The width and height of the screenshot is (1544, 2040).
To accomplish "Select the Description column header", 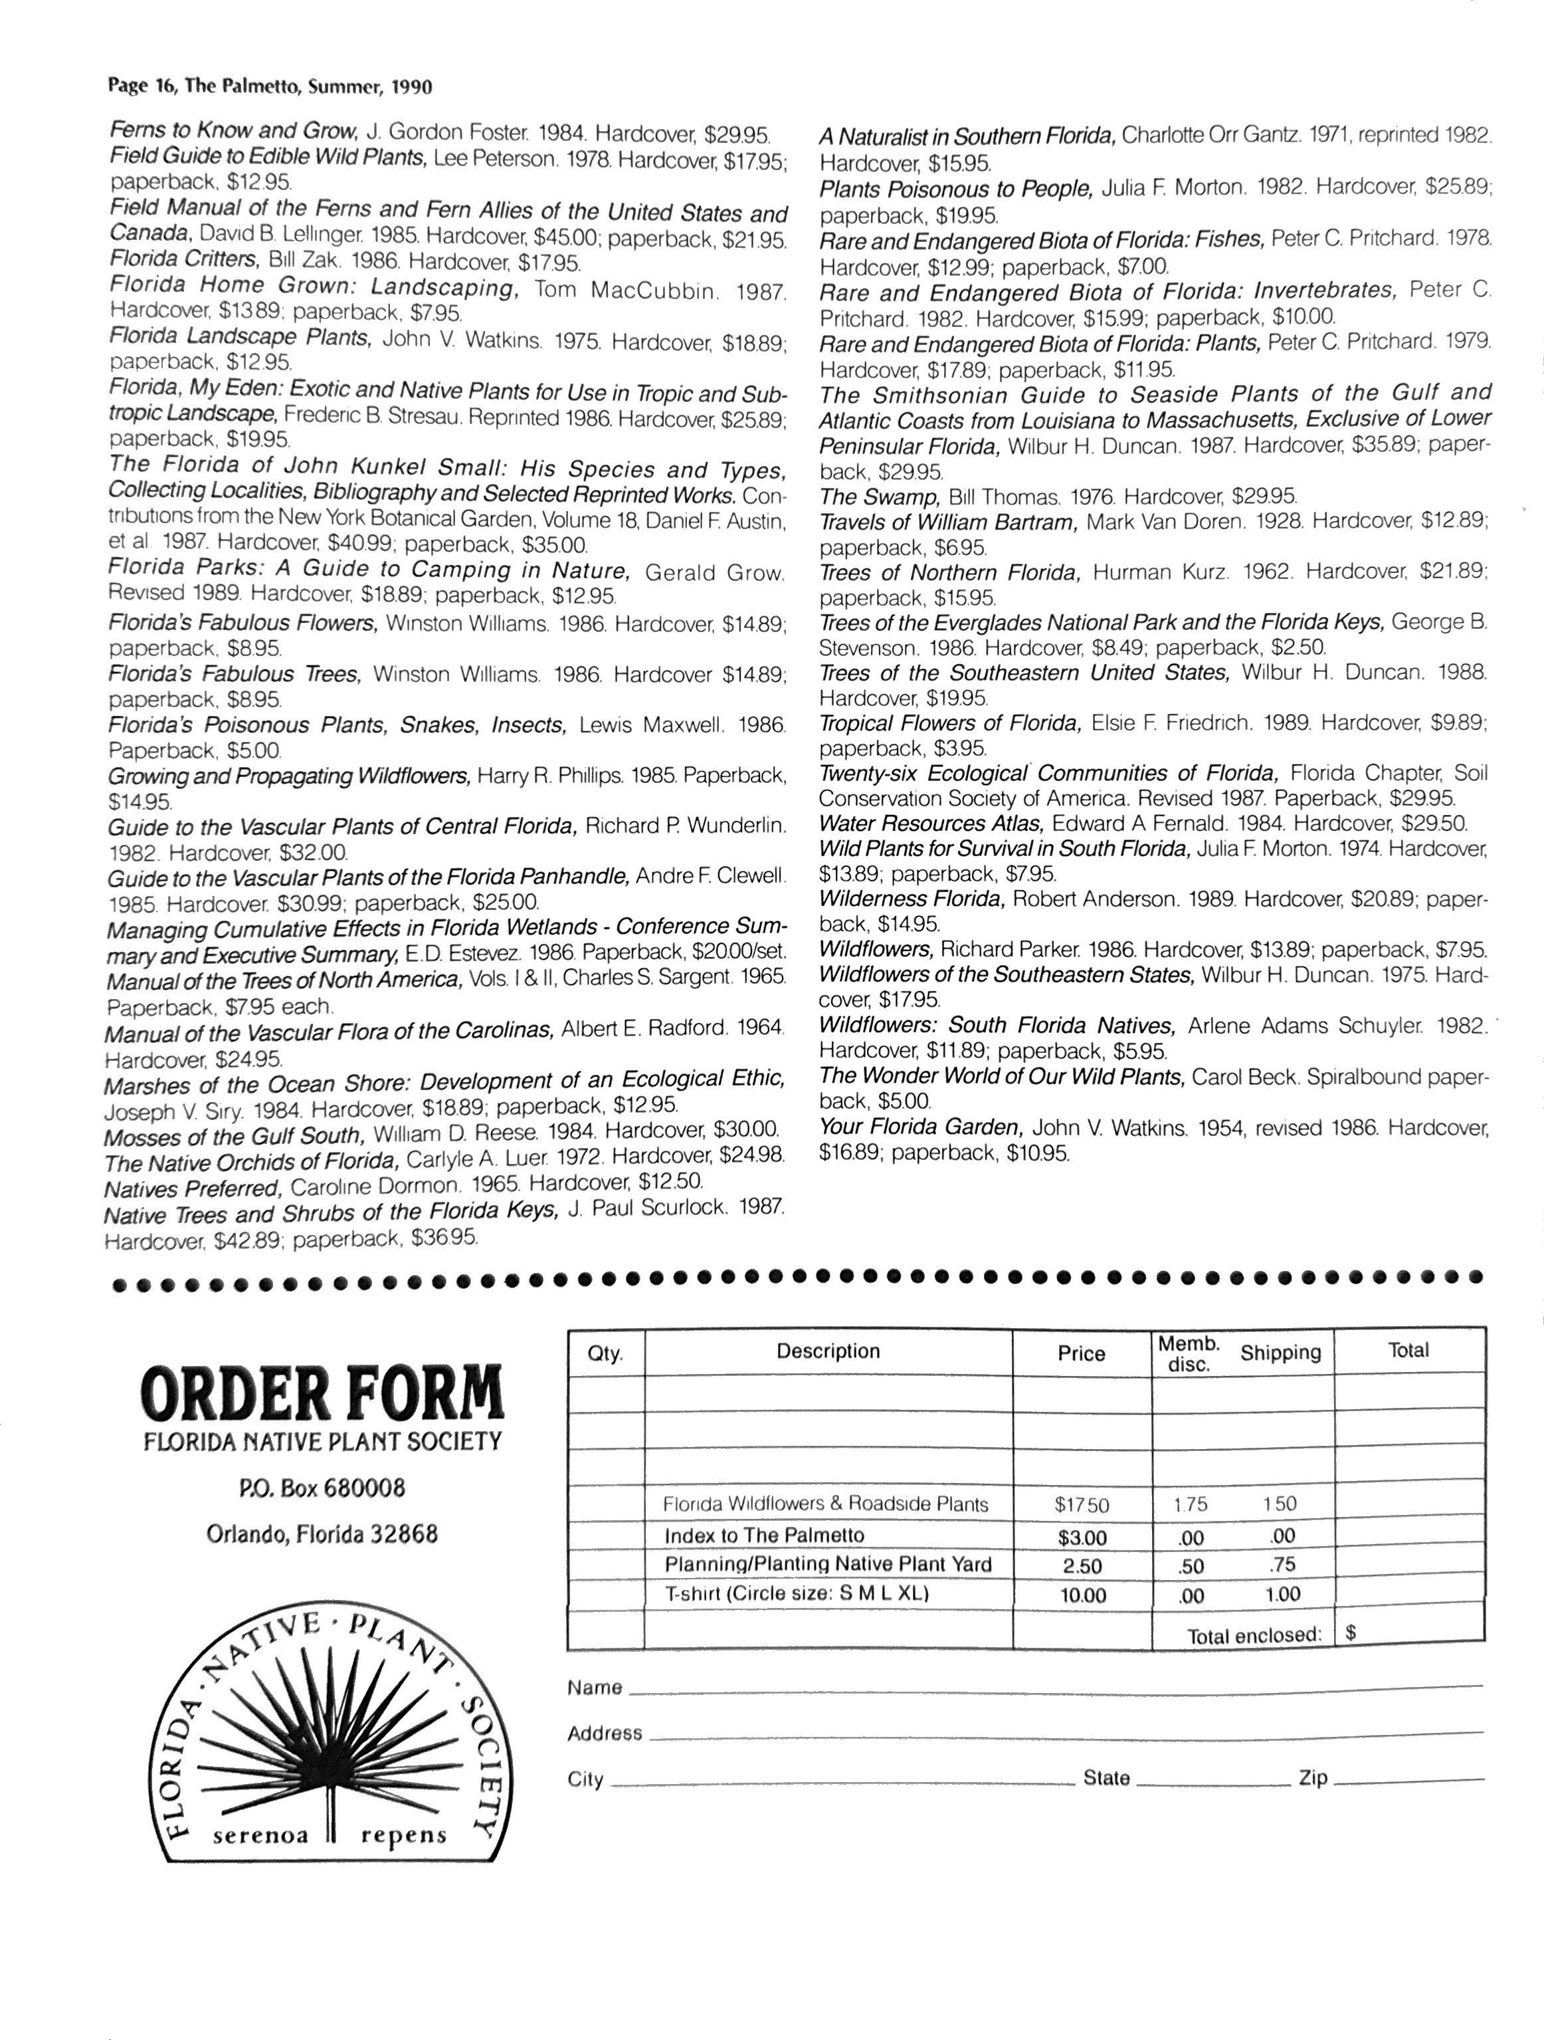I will (828, 1351).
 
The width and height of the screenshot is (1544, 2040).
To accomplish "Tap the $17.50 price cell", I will (1082, 1505).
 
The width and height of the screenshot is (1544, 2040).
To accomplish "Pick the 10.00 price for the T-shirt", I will (1082, 1595).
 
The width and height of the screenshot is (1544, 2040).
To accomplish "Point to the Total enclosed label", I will (1254, 1635).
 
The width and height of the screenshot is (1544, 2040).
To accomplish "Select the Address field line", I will (1065, 1735).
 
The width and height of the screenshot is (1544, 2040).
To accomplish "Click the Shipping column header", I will (1280, 1353).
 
